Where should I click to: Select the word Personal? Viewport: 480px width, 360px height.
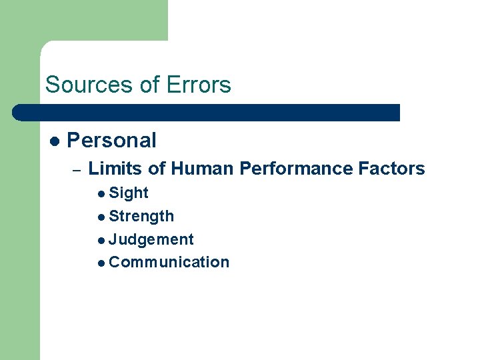click(x=112, y=141)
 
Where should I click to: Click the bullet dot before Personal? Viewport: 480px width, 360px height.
click(x=55, y=141)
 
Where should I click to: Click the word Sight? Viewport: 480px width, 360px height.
click(x=129, y=193)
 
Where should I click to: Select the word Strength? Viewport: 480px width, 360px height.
click(x=141, y=217)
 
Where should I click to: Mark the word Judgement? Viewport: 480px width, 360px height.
click(x=151, y=240)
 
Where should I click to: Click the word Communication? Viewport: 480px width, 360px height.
click(x=169, y=262)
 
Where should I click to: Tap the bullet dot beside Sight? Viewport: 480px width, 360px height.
click(x=101, y=194)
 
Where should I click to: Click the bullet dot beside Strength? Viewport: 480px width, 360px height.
click(x=101, y=217)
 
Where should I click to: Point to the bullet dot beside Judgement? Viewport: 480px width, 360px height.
click(x=101, y=240)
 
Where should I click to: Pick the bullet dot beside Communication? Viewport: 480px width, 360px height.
click(x=101, y=263)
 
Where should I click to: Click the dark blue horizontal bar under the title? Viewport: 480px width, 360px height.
click(x=207, y=113)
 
